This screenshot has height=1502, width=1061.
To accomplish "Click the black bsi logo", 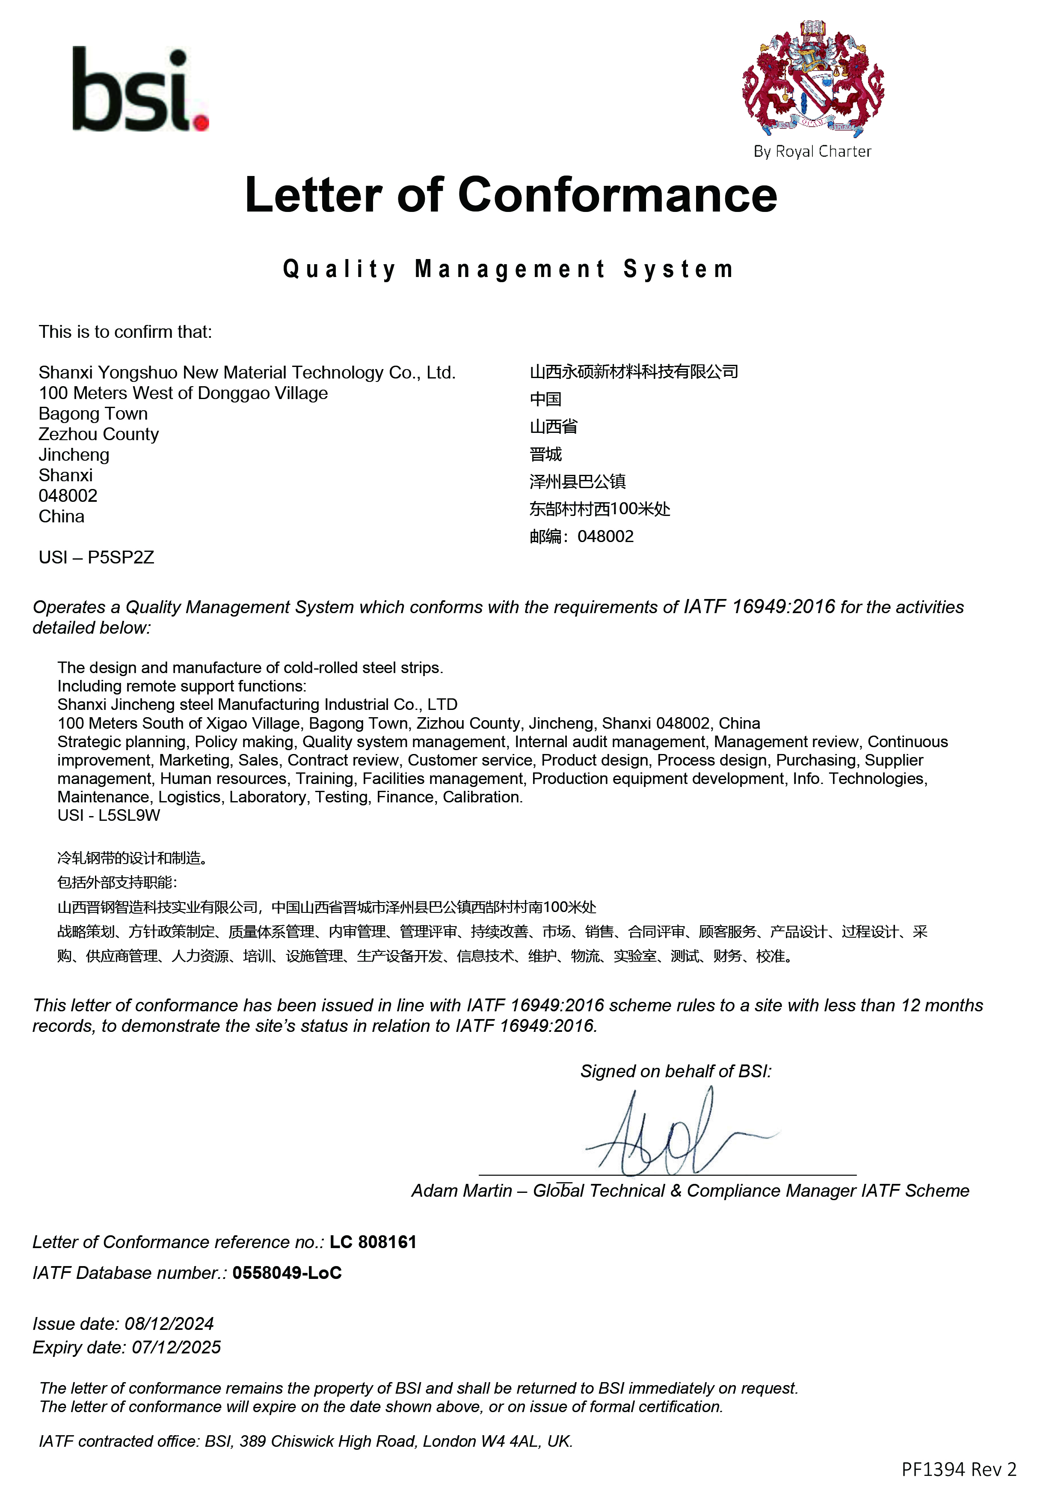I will click(131, 89).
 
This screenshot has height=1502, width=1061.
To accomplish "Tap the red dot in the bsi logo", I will click(202, 123).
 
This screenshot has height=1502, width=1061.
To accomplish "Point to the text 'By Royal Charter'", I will click(812, 152).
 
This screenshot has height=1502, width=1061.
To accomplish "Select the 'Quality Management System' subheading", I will click(509, 269).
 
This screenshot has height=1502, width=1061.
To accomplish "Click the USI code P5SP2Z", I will click(121, 557).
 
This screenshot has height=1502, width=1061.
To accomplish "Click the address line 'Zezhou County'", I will click(99, 435).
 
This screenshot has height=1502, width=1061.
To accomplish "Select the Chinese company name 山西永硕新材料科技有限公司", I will click(634, 372).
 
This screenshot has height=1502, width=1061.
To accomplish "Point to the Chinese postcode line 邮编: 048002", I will click(581, 536).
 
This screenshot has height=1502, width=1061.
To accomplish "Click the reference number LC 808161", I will click(373, 1242).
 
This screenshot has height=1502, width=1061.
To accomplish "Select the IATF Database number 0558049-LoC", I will click(287, 1273).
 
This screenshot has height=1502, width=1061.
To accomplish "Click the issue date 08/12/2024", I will click(169, 1323).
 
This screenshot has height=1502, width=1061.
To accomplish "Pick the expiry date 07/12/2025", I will click(177, 1347).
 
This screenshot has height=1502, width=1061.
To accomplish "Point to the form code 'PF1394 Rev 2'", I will click(958, 1469).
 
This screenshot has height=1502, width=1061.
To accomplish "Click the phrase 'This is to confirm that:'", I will click(125, 332).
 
